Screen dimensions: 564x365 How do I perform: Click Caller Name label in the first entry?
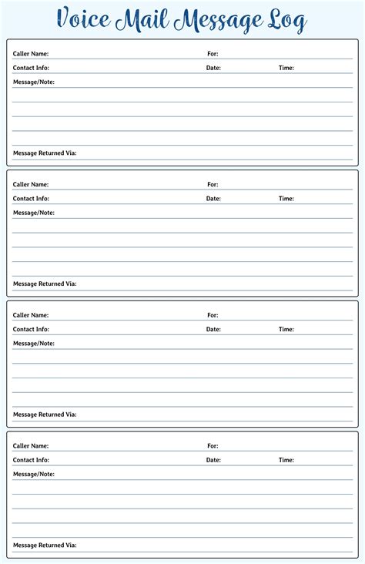click(x=31, y=54)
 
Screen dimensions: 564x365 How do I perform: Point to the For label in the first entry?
click(x=213, y=54)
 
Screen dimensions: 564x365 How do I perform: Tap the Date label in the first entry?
click(x=213, y=68)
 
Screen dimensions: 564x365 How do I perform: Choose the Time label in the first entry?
click(x=286, y=68)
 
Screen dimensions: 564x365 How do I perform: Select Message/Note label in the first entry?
click(x=34, y=82)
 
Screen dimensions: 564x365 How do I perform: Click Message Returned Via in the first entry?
click(x=45, y=153)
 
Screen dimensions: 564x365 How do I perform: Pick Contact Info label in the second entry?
click(x=31, y=199)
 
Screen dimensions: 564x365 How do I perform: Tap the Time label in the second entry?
click(x=286, y=199)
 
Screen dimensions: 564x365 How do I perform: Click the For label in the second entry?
click(x=213, y=185)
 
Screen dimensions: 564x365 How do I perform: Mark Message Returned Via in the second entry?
click(x=45, y=284)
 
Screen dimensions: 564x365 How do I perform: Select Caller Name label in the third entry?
click(x=31, y=315)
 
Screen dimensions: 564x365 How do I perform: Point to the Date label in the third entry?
click(x=213, y=329)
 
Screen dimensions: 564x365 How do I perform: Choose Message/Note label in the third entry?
click(x=34, y=343)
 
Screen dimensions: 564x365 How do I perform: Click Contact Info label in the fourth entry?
click(x=31, y=460)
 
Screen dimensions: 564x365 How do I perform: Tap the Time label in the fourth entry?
click(x=286, y=460)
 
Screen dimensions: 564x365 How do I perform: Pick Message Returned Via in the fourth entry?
click(x=45, y=546)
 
